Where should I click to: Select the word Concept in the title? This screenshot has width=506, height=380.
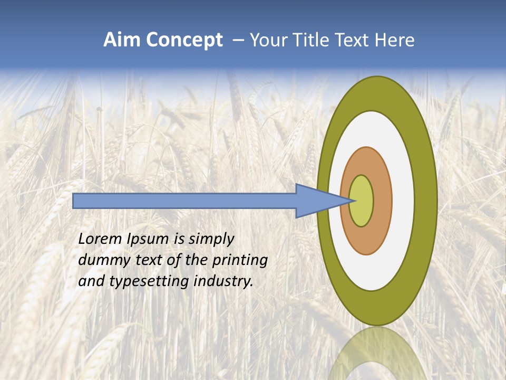click(184, 40)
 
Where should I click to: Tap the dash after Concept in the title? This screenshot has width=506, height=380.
click(238, 41)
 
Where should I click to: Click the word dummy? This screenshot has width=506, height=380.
click(101, 261)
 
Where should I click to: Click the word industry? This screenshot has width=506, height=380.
click(223, 282)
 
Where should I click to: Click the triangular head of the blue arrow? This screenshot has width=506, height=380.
click(316, 201)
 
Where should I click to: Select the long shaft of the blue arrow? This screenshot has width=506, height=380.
click(184, 201)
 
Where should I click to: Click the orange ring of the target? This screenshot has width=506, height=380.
click(383, 201)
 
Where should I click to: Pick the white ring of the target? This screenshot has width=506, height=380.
click(403, 201)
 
